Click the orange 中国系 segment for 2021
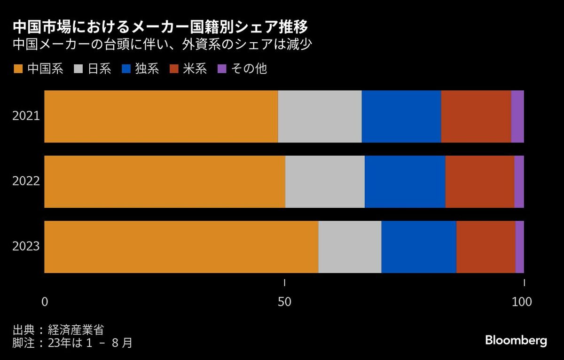click(x=161, y=117)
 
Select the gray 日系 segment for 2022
click(x=325, y=181)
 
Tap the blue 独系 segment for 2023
click(x=419, y=247)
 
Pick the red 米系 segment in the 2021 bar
click(x=476, y=117)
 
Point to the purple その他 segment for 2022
click(x=519, y=181)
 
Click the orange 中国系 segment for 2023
click(x=181, y=247)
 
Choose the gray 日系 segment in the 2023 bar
click(x=350, y=247)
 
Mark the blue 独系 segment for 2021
click(x=401, y=117)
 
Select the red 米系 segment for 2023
click(x=486, y=247)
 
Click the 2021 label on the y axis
click(x=26, y=117)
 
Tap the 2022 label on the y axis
click(x=26, y=181)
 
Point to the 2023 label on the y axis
click(x=26, y=247)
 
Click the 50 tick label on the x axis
click(x=284, y=302)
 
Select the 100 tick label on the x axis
click(x=522, y=302)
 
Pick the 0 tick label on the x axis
click(x=45, y=302)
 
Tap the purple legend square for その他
click(x=222, y=69)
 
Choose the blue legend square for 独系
click(x=125, y=69)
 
